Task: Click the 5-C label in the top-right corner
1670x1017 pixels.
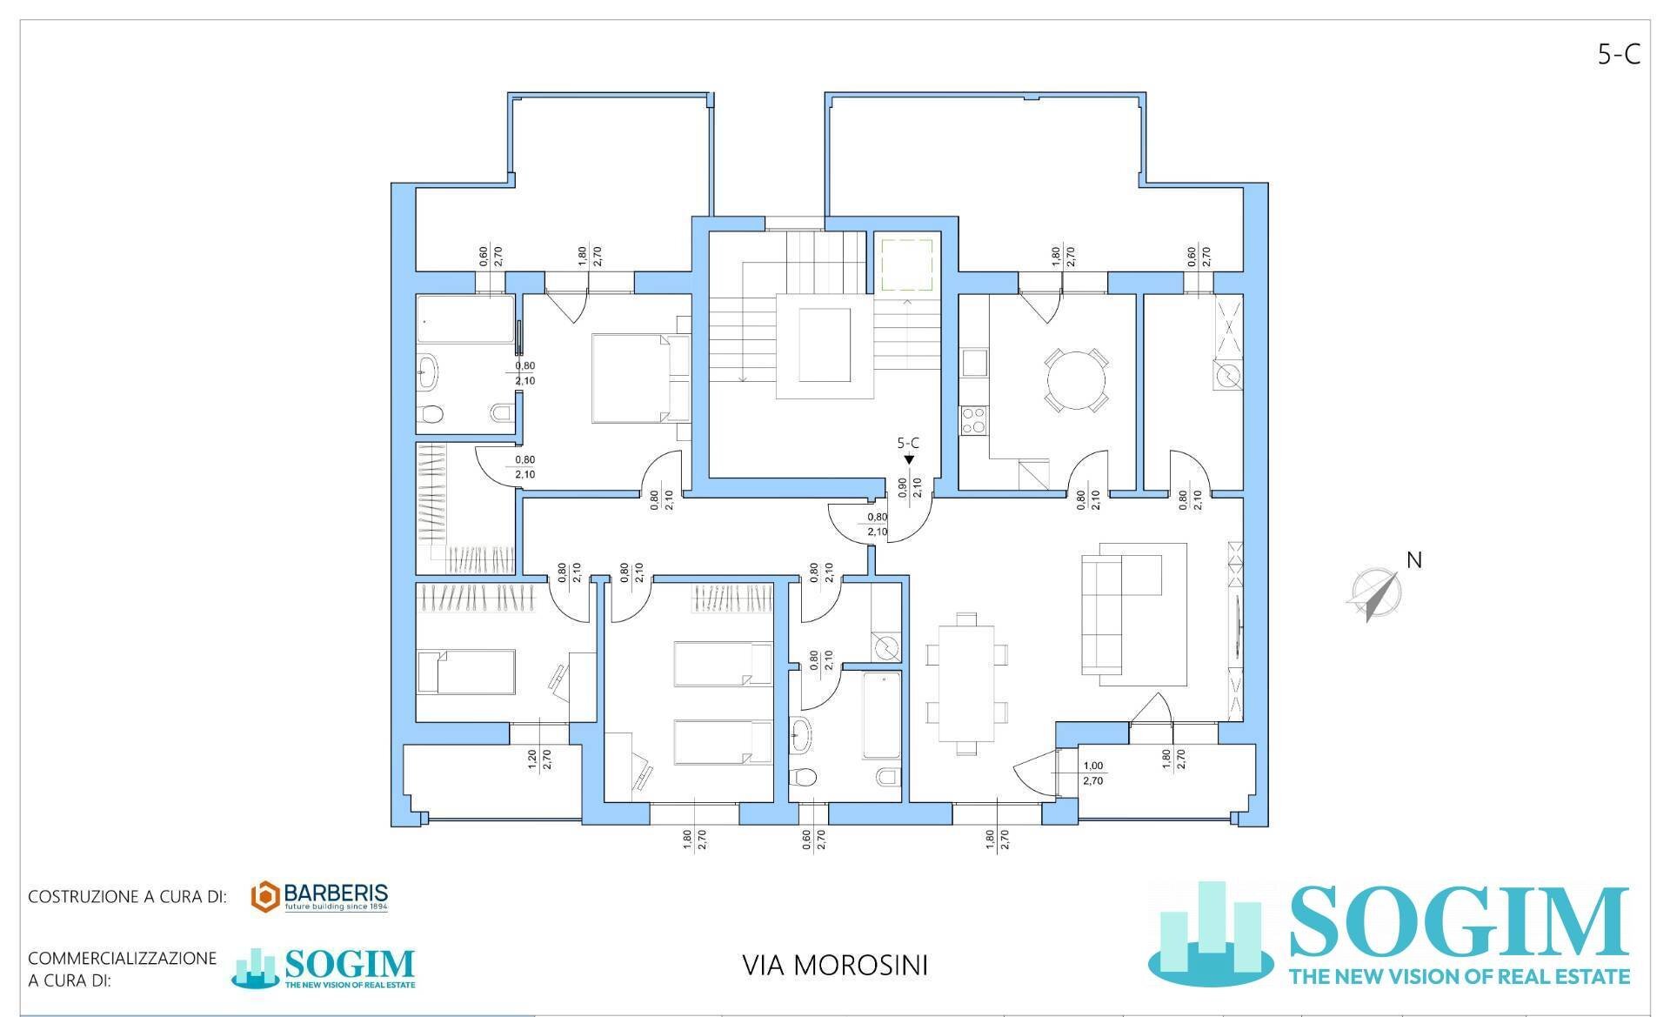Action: [x=1619, y=55]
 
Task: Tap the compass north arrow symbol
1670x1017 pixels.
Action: [x=1372, y=595]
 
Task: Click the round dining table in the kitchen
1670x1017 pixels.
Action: [x=1077, y=380]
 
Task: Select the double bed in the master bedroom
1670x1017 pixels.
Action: [x=638, y=379]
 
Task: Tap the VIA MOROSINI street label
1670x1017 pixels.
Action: [x=835, y=966]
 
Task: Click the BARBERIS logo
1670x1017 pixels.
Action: [x=319, y=897]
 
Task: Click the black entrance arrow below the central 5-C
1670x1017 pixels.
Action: [x=909, y=459]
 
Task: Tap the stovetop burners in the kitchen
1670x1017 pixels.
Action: [x=972, y=421]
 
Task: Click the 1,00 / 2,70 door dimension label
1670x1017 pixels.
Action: [x=1093, y=773]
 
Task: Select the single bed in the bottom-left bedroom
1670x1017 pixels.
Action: [x=466, y=672]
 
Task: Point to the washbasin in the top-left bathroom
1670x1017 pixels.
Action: [x=428, y=371]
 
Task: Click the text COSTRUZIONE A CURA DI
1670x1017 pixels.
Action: [x=127, y=897]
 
